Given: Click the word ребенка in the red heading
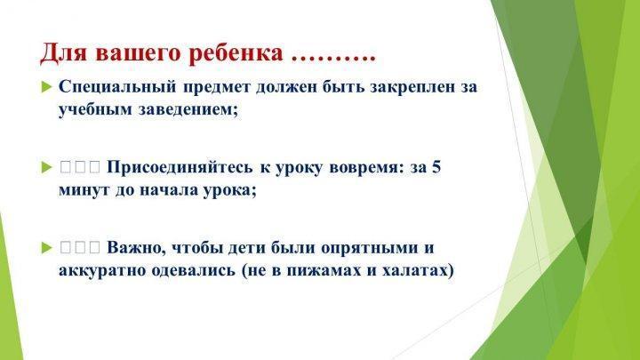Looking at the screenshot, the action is point(236,53).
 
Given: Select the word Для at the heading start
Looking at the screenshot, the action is point(63,53).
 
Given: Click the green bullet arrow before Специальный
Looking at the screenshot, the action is point(47,87).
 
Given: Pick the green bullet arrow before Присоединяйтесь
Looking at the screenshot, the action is point(47,167).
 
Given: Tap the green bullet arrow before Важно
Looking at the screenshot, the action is point(47,248).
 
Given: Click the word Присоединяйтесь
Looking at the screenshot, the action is point(180,167).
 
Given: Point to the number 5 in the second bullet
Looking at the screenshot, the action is point(436,167).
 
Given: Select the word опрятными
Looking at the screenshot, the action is point(370,249).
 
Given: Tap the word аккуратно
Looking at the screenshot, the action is point(102,271).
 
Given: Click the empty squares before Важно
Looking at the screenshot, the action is point(80,247).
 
